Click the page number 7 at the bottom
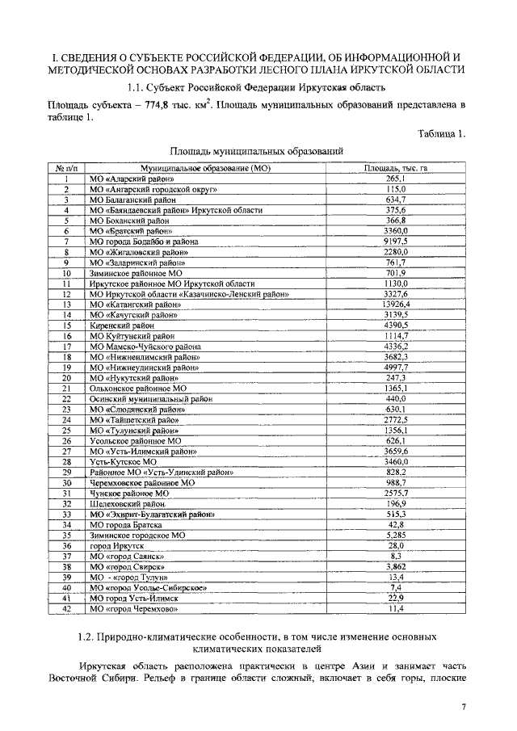tap(464, 708)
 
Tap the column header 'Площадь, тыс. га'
tap(395, 167)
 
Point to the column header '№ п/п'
tap(67, 167)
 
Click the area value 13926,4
tap(395, 304)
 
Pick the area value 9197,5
tap(395, 241)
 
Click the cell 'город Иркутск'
tap(117, 545)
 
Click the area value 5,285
tap(395, 535)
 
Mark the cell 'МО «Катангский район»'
tap(136, 304)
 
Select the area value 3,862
tap(395, 566)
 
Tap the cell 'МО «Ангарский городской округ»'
tap(154, 188)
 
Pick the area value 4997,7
tap(395, 367)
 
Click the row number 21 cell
tap(67, 388)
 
